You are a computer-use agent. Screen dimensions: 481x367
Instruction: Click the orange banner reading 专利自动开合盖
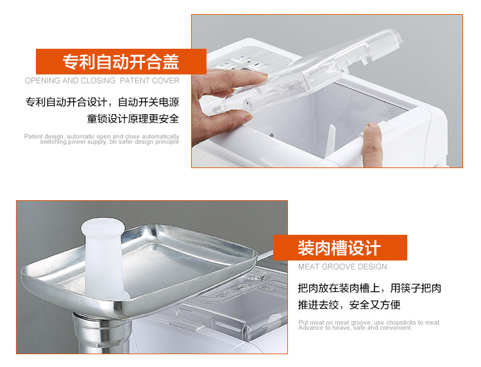coord(121,62)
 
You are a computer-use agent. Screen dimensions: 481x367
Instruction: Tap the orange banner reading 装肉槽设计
coord(340,248)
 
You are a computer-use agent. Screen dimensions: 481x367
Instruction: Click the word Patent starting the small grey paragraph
coord(33,136)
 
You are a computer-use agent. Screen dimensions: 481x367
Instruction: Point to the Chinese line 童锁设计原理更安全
coord(133,119)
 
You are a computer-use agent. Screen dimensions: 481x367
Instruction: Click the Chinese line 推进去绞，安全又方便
coord(349,305)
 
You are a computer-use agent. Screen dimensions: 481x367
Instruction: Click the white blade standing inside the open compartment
coord(330,141)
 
